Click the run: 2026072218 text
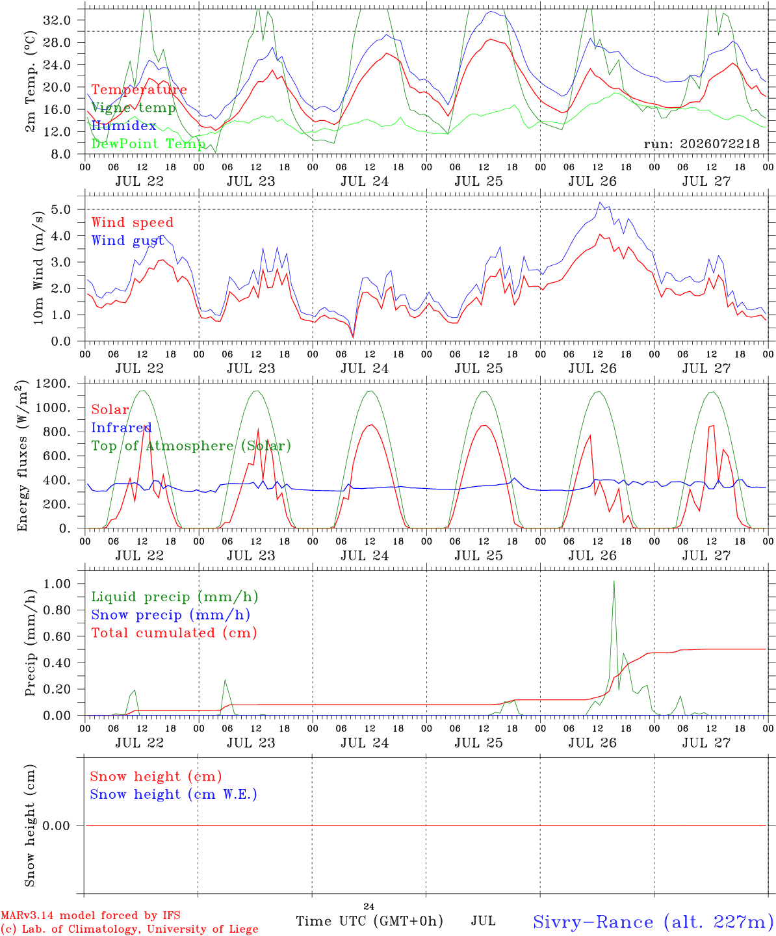coord(701,144)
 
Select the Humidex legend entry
coord(123,125)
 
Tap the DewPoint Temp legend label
coord(148,144)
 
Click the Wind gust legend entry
coord(128,240)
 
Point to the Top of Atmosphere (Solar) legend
coord(192,446)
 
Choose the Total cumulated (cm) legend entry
coord(174,633)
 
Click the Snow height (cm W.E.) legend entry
coord(174,794)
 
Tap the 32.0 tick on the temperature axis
coord(57,20)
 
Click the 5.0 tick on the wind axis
coord(60,209)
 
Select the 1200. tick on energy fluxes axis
coord(53,383)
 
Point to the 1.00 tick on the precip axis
coord(57,584)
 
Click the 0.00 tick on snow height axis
coord(57,825)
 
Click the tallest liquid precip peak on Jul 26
coord(614,581)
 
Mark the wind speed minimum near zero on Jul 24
coord(354,337)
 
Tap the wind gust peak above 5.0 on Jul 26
coord(600,203)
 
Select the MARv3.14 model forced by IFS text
coord(90,915)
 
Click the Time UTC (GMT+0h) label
coord(369,921)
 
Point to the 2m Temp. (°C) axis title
coord(30,82)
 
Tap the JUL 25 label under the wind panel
coord(479,369)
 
